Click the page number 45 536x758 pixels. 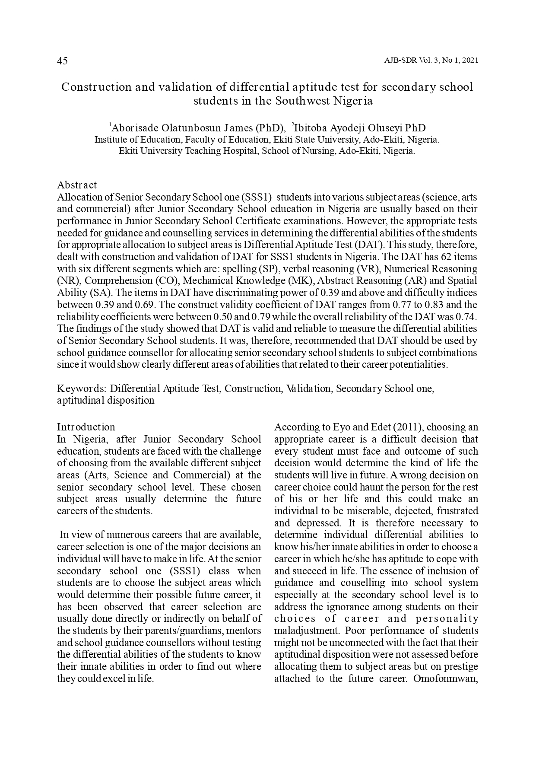62,61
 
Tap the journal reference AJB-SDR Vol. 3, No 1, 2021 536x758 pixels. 431,61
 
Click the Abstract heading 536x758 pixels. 77,185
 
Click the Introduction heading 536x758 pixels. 86,427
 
